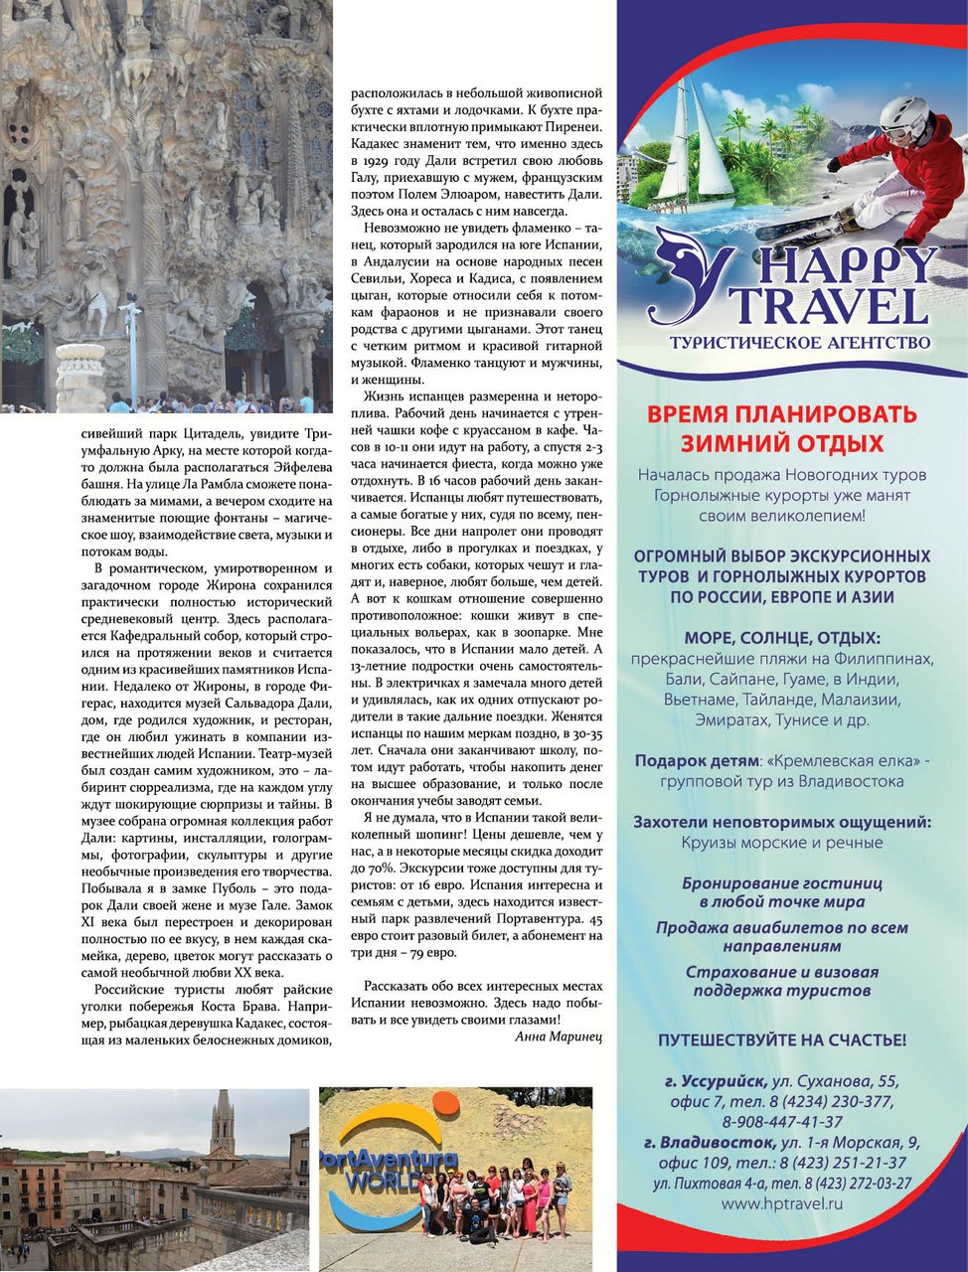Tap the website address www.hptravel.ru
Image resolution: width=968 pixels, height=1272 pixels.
[781, 1202]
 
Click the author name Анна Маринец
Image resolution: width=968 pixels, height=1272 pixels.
[559, 1035]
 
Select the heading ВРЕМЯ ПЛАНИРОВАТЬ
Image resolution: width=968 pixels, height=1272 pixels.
[781, 413]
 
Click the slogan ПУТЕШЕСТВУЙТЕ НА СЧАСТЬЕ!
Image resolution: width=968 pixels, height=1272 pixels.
[781, 1040]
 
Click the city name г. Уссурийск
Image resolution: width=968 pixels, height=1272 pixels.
[716, 1081]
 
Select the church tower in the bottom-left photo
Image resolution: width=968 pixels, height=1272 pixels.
[221, 1128]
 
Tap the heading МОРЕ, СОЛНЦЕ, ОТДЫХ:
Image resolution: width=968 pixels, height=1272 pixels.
[781, 638]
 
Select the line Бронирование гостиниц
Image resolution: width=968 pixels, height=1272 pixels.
[781, 882]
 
